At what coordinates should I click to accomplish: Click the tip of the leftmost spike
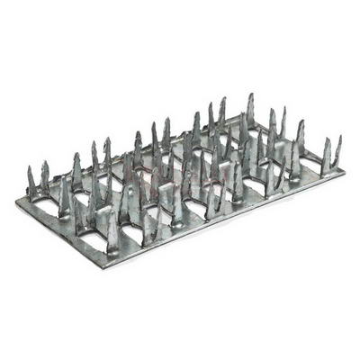[31, 168]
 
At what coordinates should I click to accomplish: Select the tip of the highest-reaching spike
[250, 94]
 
